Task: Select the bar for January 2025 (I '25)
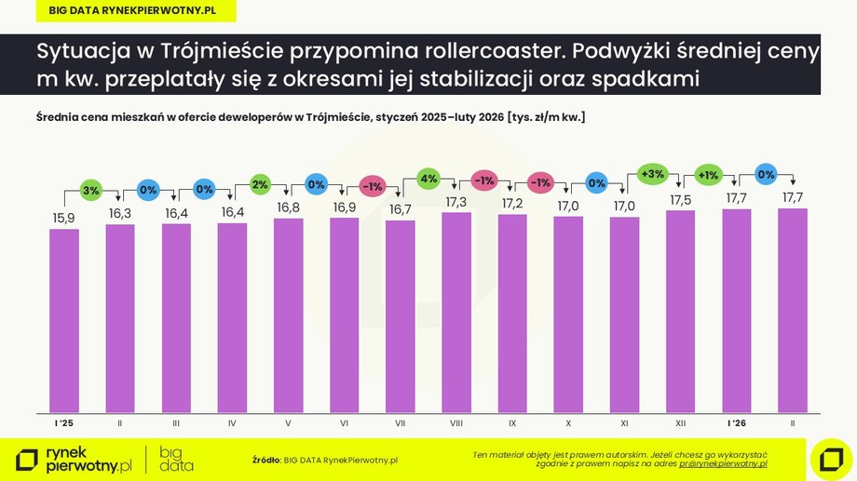tap(64, 320)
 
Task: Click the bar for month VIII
tap(456, 313)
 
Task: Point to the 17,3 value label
tap(456, 201)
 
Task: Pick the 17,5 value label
tap(681, 198)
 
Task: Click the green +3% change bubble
tap(652, 174)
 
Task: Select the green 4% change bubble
tap(428, 178)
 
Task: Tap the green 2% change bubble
tap(260, 184)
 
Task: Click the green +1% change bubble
tap(708, 174)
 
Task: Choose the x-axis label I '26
tap(737, 422)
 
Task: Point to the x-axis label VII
tap(401, 422)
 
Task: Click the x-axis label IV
tap(232, 422)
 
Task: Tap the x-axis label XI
tap(625, 422)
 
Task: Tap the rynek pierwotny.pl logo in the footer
tap(75, 459)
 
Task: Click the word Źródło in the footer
tap(265, 460)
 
